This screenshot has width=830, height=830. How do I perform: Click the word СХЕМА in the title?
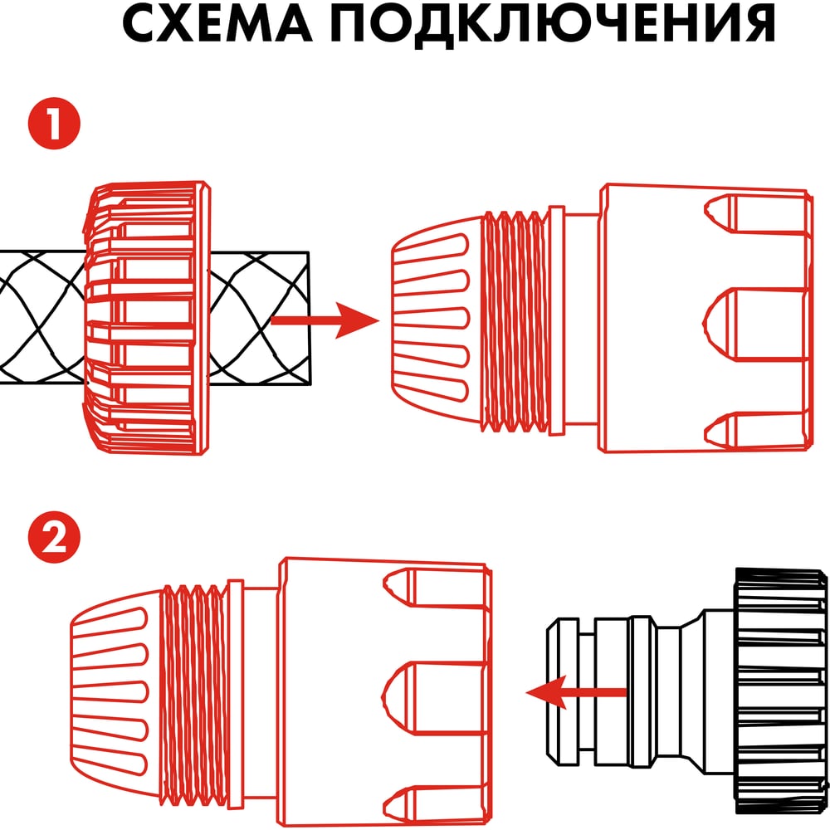(x=217, y=24)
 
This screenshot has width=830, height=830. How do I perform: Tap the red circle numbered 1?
(x=54, y=124)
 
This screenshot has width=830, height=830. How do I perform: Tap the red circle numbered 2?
(x=54, y=539)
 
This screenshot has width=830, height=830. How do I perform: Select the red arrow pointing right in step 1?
(x=325, y=320)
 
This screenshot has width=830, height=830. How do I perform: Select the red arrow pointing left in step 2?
(x=576, y=692)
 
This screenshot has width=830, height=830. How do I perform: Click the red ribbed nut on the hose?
(x=147, y=318)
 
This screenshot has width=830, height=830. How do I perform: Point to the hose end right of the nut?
(x=260, y=318)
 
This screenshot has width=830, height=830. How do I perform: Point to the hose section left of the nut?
(x=43, y=318)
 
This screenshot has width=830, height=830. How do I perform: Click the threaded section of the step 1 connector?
(x=515, y=320)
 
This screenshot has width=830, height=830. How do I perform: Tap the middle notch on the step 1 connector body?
(x=756, y=324)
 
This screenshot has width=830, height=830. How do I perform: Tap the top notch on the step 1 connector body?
(x=756, y=213)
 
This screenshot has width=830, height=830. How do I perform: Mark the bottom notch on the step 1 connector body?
(x=756, y=431)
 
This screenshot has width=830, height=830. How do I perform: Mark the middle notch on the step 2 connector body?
(x=435, y=698)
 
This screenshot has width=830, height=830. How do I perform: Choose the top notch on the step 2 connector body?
(x=435, y=588)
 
